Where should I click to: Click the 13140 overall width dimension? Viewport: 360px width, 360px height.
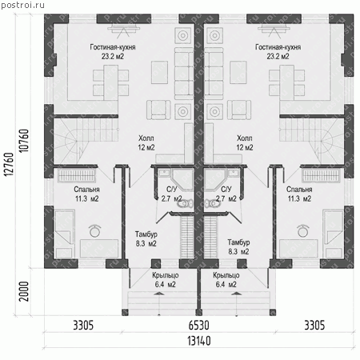click(x=199, y=341)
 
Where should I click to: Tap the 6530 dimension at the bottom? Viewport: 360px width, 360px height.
click(x=198, y=326)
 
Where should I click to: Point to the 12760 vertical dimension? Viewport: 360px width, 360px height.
click(x=9, y=164)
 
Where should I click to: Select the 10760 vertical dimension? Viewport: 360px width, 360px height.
click(x=24, y=141)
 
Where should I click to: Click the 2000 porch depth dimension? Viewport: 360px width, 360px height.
click(x=24, y=291)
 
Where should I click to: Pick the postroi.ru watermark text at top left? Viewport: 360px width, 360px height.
click(x=22, y=5)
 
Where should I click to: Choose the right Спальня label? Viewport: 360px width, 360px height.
click(x=299, y=190)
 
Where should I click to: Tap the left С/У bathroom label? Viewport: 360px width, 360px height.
click(x=171, y=190)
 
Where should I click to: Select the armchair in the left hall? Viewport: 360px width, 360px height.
click(x=158, y=110)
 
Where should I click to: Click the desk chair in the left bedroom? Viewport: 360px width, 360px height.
click(x=95, y=231)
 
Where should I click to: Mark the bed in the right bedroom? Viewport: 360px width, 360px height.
click(x=333, y=234)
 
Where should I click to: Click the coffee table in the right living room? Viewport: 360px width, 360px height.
click(x=238, y=73)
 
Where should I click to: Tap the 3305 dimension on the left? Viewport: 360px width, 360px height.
click(x=83, y=326)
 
